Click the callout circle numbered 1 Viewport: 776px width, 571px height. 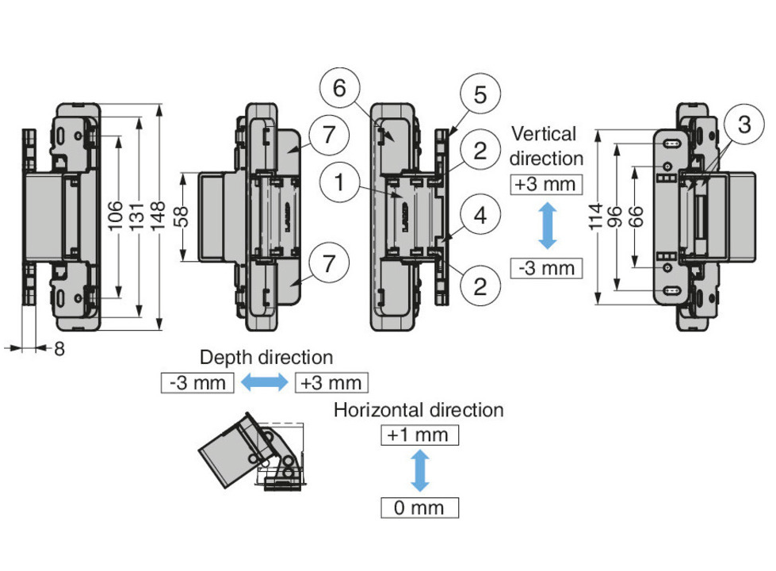(x=339, y=183)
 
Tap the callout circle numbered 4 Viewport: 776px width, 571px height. (x=480, y=217)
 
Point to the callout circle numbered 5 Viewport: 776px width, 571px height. (x=480, y=96)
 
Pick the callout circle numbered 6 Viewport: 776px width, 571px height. (x=339, y=88)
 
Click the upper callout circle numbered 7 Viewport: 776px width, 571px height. (x=326, y=136)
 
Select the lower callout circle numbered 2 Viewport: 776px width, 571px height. (x=480, y=285)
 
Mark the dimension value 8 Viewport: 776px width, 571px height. (x=59, y=348)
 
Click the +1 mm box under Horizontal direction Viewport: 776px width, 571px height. (x=419, y=435)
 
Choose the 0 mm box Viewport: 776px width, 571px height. (x=419, y=507)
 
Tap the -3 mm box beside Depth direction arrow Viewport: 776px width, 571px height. (x=197, y=383)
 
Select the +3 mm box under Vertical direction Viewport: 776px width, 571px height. (x=547, y=185)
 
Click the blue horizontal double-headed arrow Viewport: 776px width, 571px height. (x=265, y=383)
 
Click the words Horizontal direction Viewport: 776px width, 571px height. (x=419, y=410)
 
